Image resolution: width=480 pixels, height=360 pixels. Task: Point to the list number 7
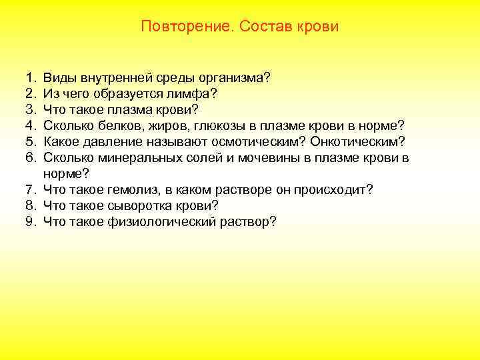click(31, 190)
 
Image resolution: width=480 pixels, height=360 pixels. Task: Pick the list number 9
click(31, 222)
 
